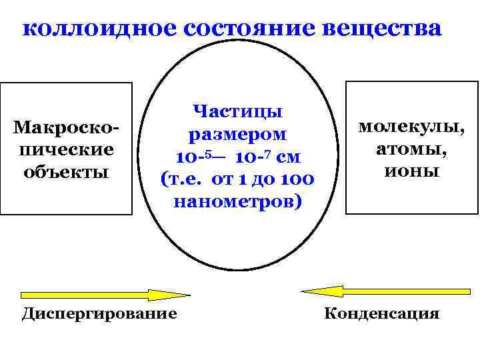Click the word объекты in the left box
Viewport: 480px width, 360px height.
(x=66, y=171)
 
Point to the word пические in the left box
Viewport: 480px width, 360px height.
(x=66, y=149)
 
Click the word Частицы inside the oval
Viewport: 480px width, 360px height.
(x=237, y=111)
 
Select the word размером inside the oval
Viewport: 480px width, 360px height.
(x=237, y=134)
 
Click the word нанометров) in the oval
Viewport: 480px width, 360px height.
(x=237, y=201)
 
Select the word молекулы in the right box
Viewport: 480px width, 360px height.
(x=411, y=127)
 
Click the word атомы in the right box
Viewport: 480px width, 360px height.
(x=411, y=149)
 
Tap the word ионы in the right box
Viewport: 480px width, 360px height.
(x=411, y=171)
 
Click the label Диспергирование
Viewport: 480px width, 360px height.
(x=99, y=313)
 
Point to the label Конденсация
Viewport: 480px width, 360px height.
(x=381, y=313)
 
